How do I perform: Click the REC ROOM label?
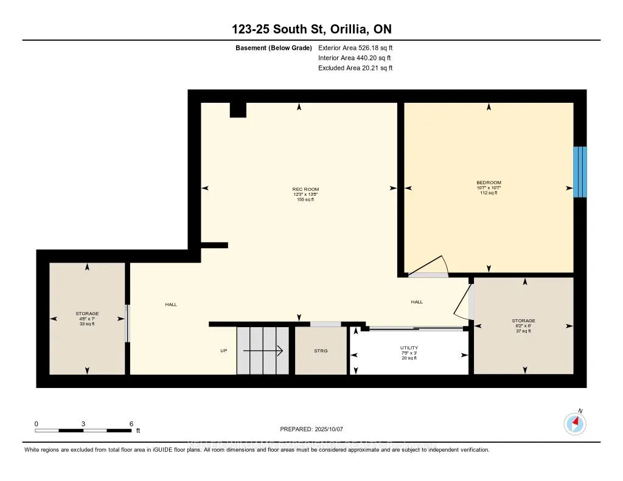pyautogui.click(x=305, y=189)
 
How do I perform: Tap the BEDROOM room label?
pyautogui.click(x=489, y=183)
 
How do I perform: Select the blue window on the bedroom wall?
pyautogui.click(x=580, y=171)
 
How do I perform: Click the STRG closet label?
pyautogui.click(x=321, y=351)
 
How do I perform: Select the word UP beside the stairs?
pyautogui.click(x=224, y=351)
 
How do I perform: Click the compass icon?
pyautogui.click(x=575, y=423)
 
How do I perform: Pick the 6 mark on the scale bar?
pyautogui.click(x=131, y=423)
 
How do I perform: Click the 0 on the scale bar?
pyautogui.click(x=37, y=423)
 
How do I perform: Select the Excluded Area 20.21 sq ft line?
pyautogui.click(x=355, y=68)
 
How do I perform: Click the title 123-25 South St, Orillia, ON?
pyautogui.click(x=311, y=29)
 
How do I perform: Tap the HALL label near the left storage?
pyautogui.click(x=171, y=304)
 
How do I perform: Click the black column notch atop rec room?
pyautogui.click(x=238, y=110)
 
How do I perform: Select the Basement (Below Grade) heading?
pyautogui.click(x=274, y=47)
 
